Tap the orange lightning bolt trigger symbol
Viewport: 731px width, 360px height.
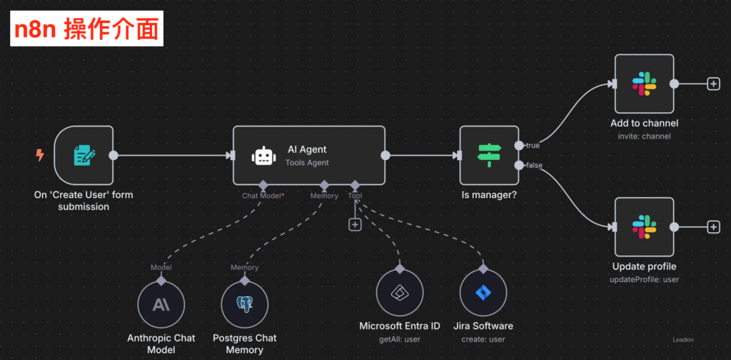click(x=40, y=154)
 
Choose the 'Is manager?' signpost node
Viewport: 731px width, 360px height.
click(x=489, y=155)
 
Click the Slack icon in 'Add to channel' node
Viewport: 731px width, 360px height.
click(x=644, y=84)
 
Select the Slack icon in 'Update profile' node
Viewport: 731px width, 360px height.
click(x=644, y=227)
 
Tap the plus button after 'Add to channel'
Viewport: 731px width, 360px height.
click(x=713, y=84)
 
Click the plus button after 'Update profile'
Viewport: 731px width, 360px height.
click(x=713, y=227)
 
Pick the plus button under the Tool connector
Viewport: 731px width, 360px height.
click(x=355, y=224)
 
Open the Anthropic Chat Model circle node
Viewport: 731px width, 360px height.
click(x=161, y=304)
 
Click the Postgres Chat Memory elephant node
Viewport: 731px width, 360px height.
click(x=245, y=304)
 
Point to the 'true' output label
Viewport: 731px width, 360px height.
click(x=533, y=146)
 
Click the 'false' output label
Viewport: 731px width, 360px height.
click(x=533, y=165)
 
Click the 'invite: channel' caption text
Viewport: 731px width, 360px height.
click(x=644, y=136)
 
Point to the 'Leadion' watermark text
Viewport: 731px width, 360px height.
click(x=682, y=340)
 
